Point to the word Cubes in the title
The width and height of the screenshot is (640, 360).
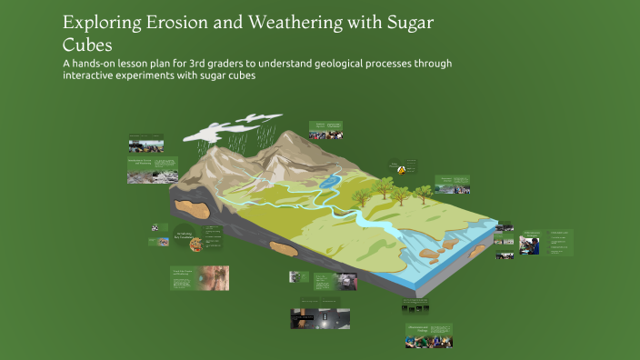tap(92, 44)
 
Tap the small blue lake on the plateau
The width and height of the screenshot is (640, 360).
tap(329, 181)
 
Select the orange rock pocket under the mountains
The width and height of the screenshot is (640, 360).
tap(195, 207)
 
